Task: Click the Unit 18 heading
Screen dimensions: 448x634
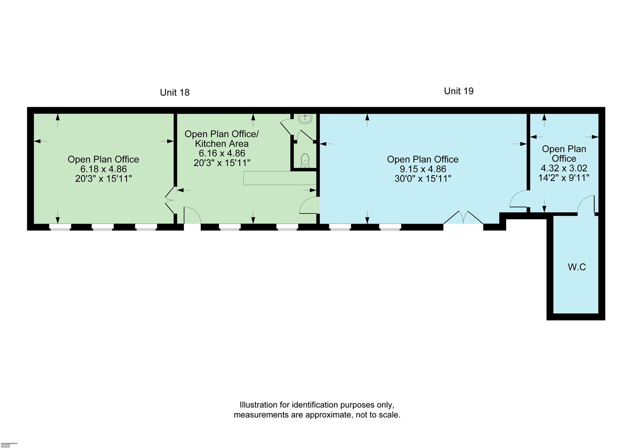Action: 175,93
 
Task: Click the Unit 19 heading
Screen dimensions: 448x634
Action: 458,91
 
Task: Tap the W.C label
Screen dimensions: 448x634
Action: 576,267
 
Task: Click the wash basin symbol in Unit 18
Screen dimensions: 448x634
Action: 305,119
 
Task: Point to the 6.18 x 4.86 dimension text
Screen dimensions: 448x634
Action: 103,169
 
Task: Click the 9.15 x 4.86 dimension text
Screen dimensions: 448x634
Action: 422,169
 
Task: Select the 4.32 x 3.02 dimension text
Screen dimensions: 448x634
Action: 564,168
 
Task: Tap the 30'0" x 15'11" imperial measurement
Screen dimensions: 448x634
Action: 422,179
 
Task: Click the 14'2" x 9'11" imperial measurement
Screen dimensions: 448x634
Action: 564,178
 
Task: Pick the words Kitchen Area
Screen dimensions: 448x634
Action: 222,144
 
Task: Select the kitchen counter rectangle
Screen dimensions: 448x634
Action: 280,178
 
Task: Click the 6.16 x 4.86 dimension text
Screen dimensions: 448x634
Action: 222,153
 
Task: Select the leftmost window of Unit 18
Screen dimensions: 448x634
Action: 60,227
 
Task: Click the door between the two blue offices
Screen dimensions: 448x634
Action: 518,200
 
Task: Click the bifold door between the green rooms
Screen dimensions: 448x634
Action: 170,200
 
